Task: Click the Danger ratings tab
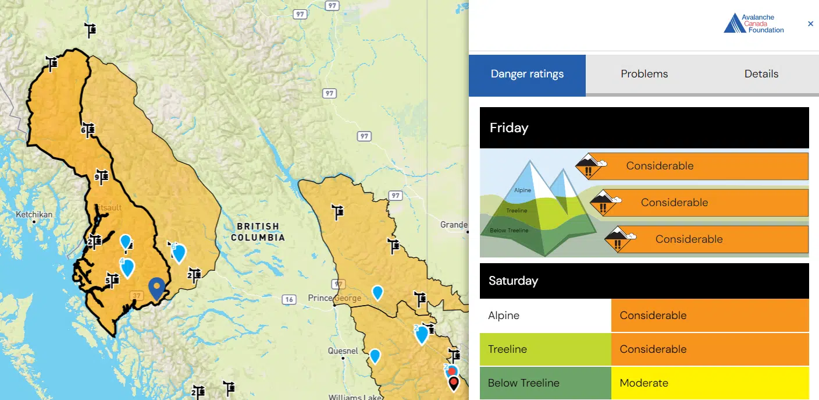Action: [527, 74]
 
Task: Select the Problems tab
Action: [644, 74]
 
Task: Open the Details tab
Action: [761, 74]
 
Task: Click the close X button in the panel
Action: [810, 24]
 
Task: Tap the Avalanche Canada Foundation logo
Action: [754, 24]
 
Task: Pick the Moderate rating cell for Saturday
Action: [710, 383]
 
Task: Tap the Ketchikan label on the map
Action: [34, 215]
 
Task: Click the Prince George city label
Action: [334, 298]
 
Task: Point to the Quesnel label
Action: [343, 351]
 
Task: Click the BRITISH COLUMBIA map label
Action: [258, 232]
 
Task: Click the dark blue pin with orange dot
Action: [156, 288]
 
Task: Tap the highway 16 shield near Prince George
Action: [289, 300]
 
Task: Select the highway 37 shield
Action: [137, 296]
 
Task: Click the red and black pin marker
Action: [454, 383]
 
